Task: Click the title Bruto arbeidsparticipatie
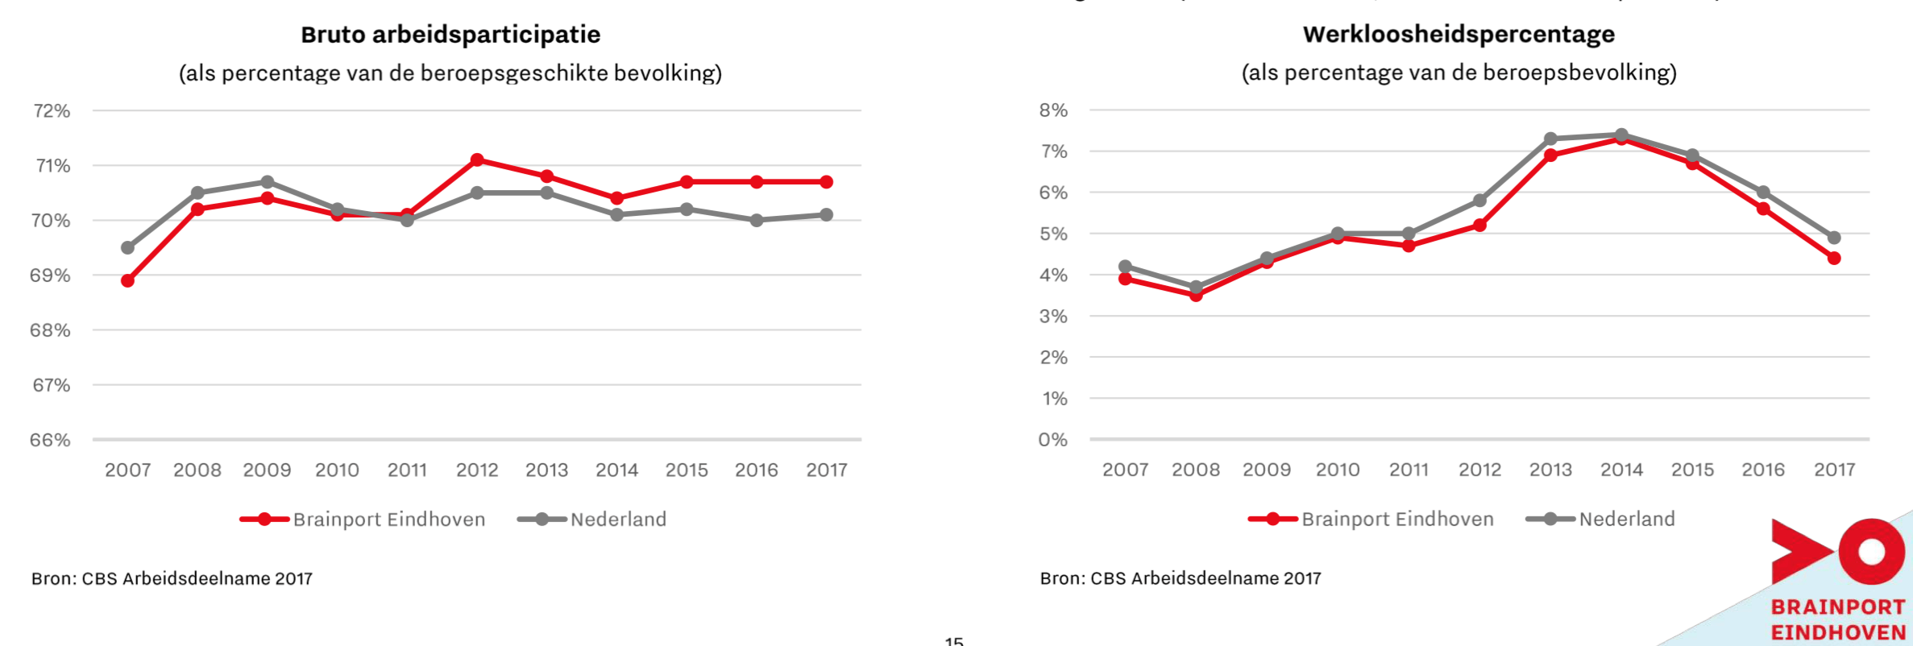450,35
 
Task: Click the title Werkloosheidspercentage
1459,34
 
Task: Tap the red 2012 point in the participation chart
477,159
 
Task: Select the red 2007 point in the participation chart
127,280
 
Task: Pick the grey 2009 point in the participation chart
268,182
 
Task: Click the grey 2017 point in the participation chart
826,215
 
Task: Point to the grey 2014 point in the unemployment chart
1621,135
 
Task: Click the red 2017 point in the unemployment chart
1834,259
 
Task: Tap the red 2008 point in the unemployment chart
1196,296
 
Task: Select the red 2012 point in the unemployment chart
1479,226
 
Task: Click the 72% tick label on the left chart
52,111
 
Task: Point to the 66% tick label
50,441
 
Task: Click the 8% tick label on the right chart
1053,110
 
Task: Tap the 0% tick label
1052,440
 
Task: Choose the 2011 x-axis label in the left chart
407,470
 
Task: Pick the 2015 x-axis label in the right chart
1692,470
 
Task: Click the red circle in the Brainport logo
1871,552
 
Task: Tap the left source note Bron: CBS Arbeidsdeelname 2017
172,578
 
